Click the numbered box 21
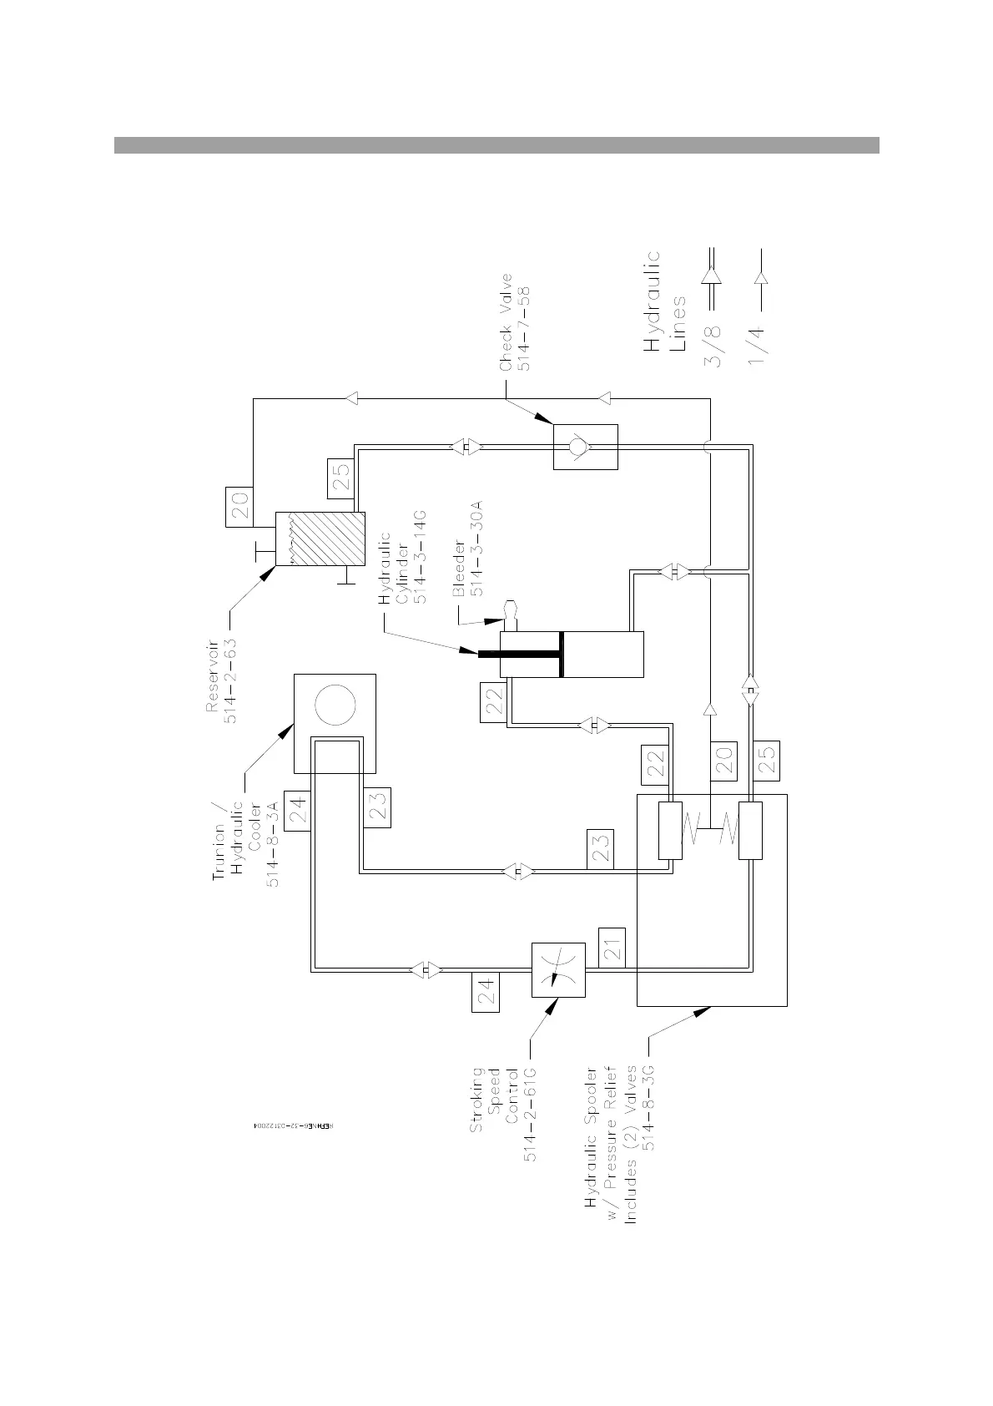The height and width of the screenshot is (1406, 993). [612, 948]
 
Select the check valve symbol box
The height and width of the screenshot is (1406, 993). [585, 447]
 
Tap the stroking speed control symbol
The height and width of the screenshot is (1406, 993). [558, 970]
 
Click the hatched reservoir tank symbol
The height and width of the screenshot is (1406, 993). [320, 539]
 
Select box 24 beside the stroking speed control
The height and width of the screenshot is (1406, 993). [486, 992]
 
